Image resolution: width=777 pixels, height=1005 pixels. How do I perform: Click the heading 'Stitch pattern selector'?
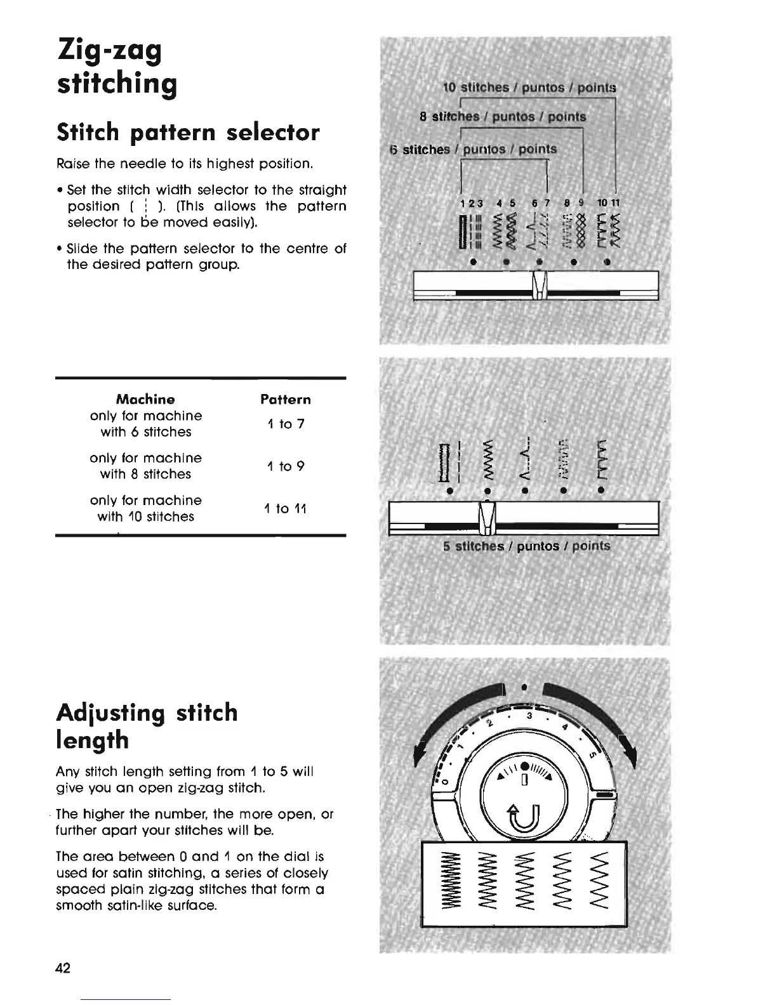(x=188, y=133)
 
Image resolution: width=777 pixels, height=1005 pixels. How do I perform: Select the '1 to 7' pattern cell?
(x=286, y=423)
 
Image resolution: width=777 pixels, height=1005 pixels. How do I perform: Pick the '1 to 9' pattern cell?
(x=286, y=466)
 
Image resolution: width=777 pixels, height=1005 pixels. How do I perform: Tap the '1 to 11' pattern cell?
(x=286, y=508)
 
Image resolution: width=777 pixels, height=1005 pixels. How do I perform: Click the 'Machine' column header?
(x=145, y=399)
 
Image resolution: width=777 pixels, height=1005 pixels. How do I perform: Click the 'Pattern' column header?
(x=286, y=399)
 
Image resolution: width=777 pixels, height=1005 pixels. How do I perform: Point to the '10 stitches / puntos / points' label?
(x=529, y=87)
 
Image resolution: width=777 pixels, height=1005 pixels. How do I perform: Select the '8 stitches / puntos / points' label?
(x=503, y=117)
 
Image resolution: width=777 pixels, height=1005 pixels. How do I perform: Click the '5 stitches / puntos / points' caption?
(x=526, y=546)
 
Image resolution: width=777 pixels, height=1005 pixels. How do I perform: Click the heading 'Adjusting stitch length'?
(x=147, y=726)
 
